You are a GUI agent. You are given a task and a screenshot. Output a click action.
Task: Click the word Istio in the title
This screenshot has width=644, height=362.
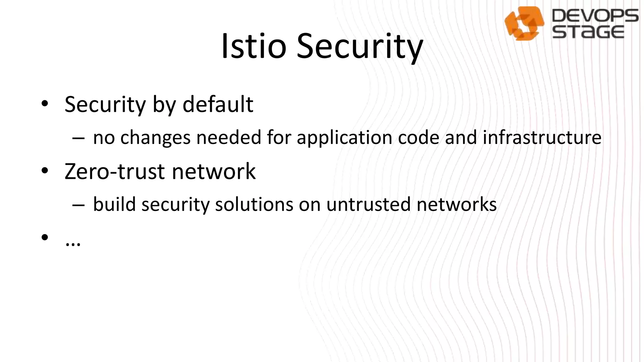click(x=253, y=47)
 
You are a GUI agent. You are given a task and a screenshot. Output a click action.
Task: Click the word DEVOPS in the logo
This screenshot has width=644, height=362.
click(x=595, y=16)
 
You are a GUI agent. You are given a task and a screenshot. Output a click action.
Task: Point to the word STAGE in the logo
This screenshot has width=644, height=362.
click(x=588, y=32)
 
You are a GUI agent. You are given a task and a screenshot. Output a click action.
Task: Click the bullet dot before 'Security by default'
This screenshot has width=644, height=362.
click(x=45, y=103)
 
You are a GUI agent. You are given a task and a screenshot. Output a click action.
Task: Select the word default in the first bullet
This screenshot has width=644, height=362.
click(x=218, y=104)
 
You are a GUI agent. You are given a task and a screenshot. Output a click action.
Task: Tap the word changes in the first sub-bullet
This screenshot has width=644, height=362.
click(x=155, y=138)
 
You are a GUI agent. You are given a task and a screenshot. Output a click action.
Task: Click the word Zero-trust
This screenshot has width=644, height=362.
click(x=114, y=172)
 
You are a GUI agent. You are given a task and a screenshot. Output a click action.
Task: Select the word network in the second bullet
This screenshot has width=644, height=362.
click(x=214, y=172)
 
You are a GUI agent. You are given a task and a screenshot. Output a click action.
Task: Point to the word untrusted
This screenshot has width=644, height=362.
click(x=368, y=204)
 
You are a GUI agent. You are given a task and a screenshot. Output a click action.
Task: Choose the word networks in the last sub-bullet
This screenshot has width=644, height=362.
click(x=456, y=204)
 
